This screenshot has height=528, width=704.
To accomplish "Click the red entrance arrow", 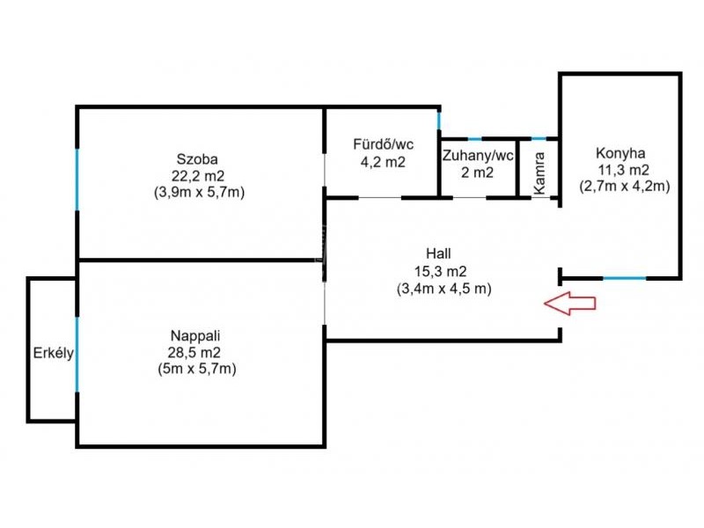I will point(569,304).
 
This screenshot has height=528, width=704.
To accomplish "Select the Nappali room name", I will point(195,335).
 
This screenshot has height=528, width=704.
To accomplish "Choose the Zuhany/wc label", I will point(477,156).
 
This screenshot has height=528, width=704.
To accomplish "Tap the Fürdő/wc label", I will point(383,144).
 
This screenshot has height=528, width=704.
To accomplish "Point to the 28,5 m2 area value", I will point(195,352).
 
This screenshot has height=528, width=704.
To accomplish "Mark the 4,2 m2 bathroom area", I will point(383,162).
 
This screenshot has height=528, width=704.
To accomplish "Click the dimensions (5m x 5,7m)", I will point(195,369).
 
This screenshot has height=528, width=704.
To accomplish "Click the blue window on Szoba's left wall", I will point(77,180).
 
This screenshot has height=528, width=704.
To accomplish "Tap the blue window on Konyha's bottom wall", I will point(624,278).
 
